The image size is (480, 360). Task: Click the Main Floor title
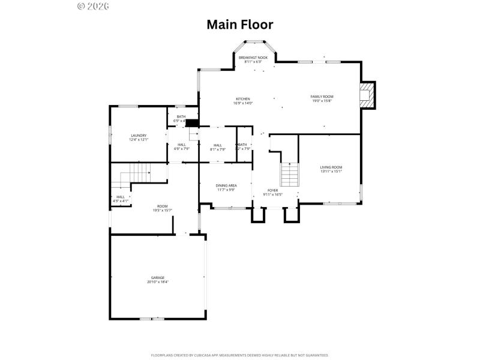240,25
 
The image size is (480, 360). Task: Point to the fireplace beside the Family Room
365,95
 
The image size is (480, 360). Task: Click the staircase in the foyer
290,175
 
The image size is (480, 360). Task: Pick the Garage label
158,278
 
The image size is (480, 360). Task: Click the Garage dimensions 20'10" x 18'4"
158,282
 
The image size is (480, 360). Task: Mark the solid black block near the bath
192,123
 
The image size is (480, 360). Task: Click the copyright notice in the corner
94,6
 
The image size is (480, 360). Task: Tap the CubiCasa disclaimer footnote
240,355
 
